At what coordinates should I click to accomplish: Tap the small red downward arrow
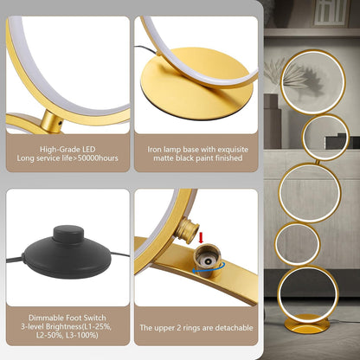pos(202,238)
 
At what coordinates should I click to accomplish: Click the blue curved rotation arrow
pos(209,268)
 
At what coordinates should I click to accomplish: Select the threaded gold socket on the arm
pos(209,260)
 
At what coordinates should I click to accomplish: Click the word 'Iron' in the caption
pos(154,150)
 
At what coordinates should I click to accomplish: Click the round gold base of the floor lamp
pos(307,325)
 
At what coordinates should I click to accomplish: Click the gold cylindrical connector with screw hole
pos(52,122)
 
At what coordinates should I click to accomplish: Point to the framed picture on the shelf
pos(330,13)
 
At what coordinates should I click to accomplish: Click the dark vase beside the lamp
pos(272,121)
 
